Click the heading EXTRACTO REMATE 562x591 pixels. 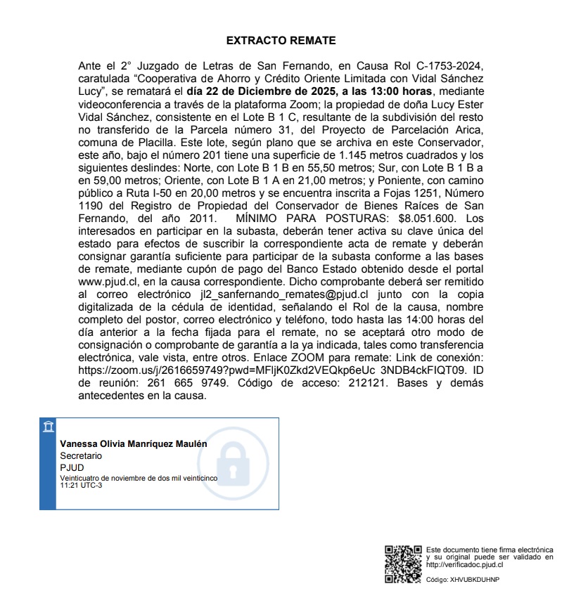281,41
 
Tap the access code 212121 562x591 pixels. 362,383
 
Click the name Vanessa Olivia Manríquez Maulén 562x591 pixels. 133,444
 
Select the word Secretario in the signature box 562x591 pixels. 81,455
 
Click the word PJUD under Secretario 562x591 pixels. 72,467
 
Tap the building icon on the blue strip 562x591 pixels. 47,427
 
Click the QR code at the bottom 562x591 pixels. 402,564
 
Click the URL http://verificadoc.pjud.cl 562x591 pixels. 465,564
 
